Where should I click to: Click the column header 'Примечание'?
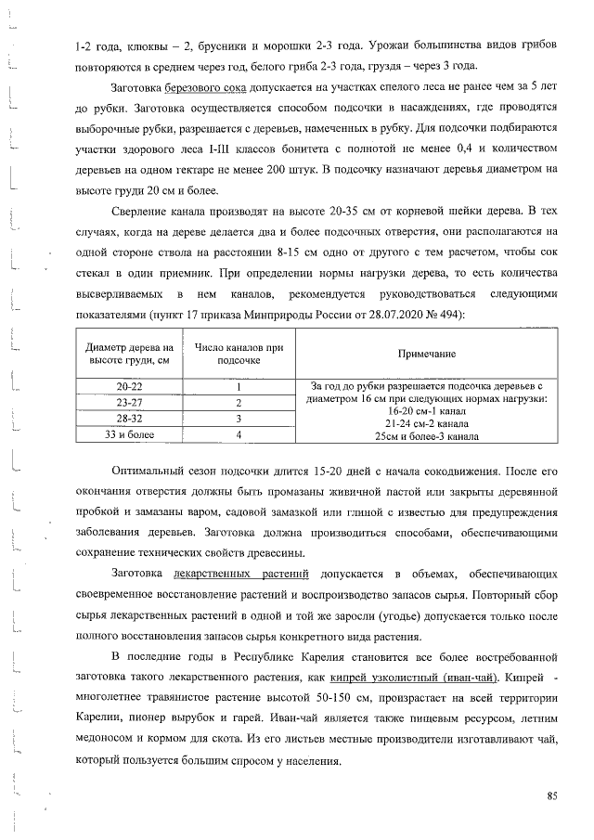(x=427, y=354)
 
